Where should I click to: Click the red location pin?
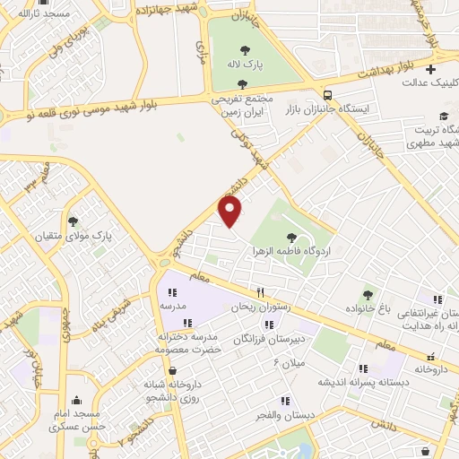tap(231, 212)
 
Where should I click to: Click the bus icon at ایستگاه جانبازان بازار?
tap(328, 94)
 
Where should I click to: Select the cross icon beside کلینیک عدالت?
tap(430, 69)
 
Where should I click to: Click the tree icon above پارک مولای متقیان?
tap(73, 221)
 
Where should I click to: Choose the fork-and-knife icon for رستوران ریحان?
tap(261, 291)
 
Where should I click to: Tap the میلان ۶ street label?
tap(290, 363)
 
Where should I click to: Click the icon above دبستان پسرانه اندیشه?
tap(363, 368)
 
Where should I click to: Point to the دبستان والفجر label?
tap(284, 415)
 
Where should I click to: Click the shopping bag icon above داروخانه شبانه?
tap(172, 370)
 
